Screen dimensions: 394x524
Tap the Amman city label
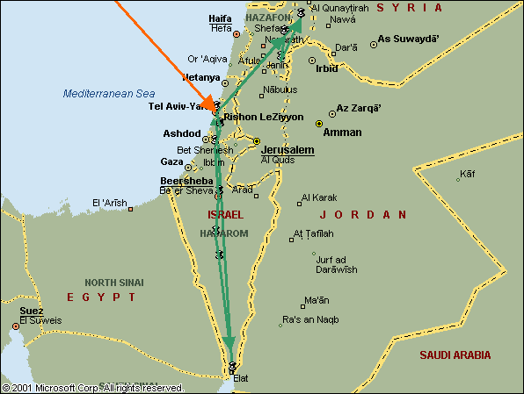pyautogui.click(x=342, y=133)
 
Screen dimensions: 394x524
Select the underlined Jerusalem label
pyautogui.click(x=287, y=150)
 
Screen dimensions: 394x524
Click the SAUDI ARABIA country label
pyautogui.click(x=455, y=355)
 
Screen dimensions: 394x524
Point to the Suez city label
pyautogui.click(x=32, y=311)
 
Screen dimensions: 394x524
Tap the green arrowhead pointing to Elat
pyautogui.click(x=229, y=342)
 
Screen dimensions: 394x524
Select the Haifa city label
pyautogui.click(x=221, y=18)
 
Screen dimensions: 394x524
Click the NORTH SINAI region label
pyautogui.click(x=113, y=283)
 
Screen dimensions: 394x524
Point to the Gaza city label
pyautogui.click(x=171, y=162)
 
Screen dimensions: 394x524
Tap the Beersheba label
pyautogui.click(x=187, y=181)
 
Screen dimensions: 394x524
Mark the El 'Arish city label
pyautogui.click(x=109, y=204)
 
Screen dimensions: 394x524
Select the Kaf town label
pyautogui.click(x=467, y=173)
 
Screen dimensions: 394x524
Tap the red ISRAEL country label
pyautogui.click(x=224, y=214)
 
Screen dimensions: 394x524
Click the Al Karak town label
pyautogui.click(x=320, y=197)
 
